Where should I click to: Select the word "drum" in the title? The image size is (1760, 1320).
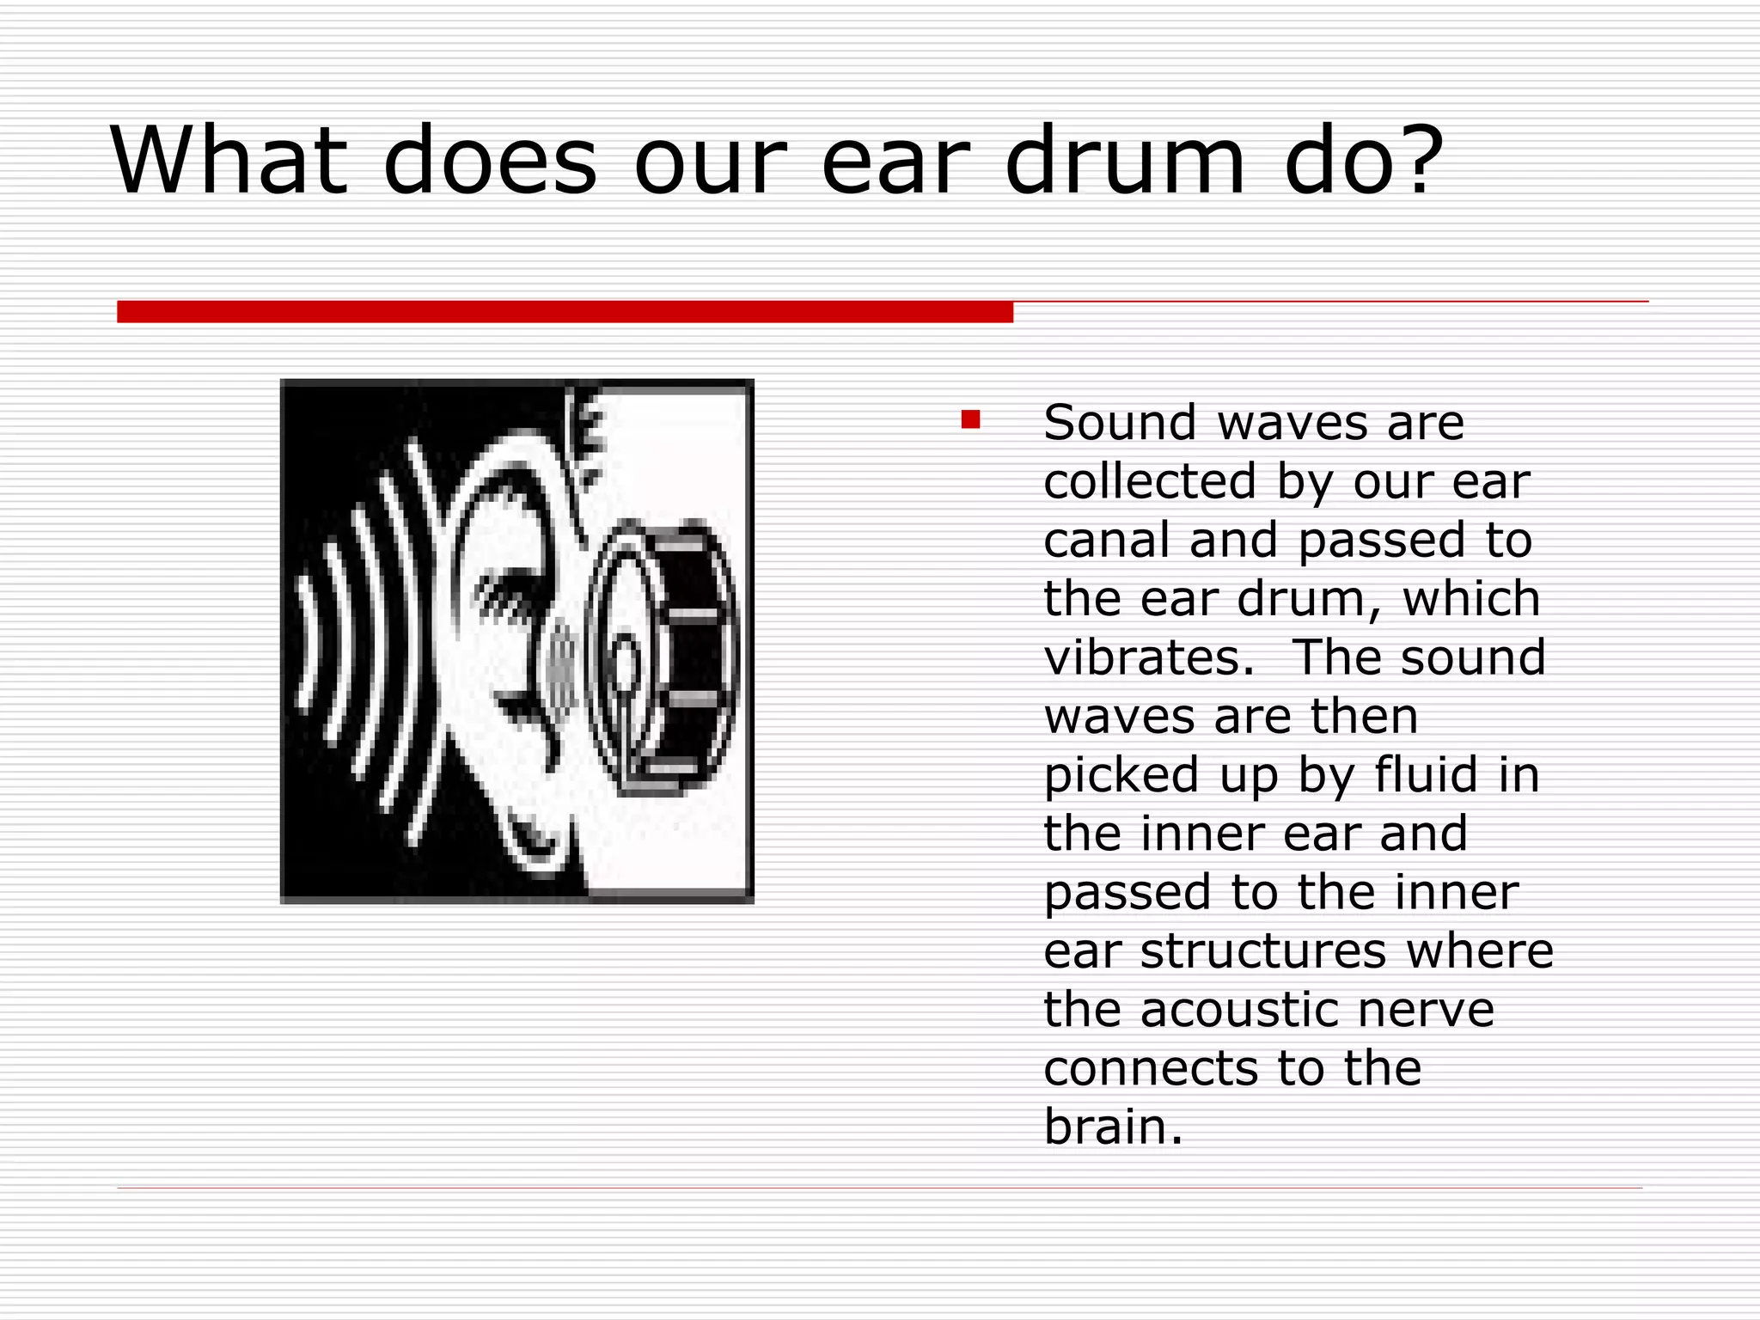click(x=1125, y=160)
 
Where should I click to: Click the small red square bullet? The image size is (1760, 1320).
click(x=970, y=419)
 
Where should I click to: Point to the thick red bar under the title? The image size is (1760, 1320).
click(x=565, y=312)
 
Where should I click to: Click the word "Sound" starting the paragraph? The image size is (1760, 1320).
click(x=1120, y=423)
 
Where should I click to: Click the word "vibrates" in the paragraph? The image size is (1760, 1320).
click(x=1148, y=657)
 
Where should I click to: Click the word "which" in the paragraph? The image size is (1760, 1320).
click(x=1470, y=598)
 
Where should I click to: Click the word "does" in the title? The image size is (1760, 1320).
click(x=490, y=162)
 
